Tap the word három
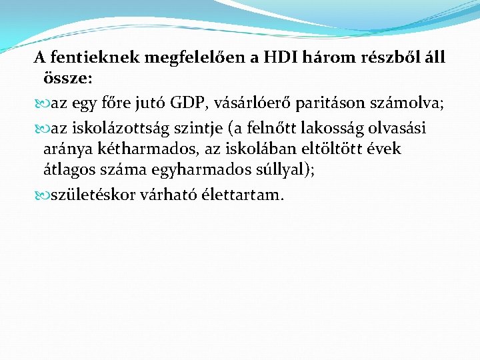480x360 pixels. (x=326, y=58)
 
